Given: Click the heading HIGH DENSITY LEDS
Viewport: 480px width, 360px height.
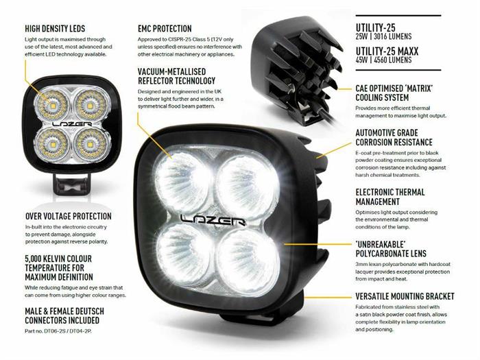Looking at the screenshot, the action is click(55, 29).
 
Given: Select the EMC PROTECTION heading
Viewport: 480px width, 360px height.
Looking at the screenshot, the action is click(165, 29).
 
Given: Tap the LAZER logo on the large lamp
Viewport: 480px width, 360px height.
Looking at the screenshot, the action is click(213, 219).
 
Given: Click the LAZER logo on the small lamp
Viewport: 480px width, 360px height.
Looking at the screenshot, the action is click(72, 124).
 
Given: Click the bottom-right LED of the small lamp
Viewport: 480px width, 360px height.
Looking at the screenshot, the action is click(90, 143).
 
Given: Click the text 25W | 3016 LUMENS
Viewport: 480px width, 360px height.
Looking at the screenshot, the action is click(383, 37).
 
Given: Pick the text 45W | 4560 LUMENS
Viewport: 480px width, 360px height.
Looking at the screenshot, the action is click(383, 60).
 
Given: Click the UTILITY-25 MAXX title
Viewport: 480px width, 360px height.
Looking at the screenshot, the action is click(387, 51).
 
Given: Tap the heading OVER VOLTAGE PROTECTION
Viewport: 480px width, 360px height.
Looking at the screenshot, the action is click(69, 217).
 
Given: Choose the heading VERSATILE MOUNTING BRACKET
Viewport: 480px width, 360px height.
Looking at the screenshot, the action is click(405, 296).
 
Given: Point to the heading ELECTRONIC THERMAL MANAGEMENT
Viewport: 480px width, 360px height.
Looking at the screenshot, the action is click(390, 197).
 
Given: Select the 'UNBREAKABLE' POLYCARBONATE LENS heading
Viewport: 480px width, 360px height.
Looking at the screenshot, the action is click(391, 249).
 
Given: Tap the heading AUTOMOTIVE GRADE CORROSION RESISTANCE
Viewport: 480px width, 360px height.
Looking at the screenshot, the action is click(394, 137).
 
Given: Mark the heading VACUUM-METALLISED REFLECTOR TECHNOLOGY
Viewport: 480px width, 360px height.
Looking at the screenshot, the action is click(177, 76).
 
